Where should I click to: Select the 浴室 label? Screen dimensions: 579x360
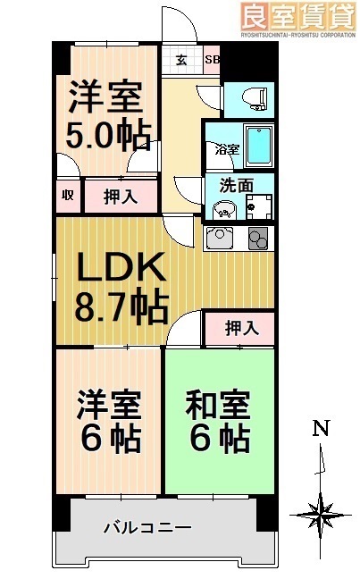coord(226,150)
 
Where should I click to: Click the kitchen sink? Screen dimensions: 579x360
coord(220,239)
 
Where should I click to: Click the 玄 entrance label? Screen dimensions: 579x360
coord(180,61)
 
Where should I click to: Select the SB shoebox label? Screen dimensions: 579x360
coord(212,61)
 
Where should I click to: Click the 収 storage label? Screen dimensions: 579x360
coord(67,196)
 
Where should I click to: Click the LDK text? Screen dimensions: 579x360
coord(118,267)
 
